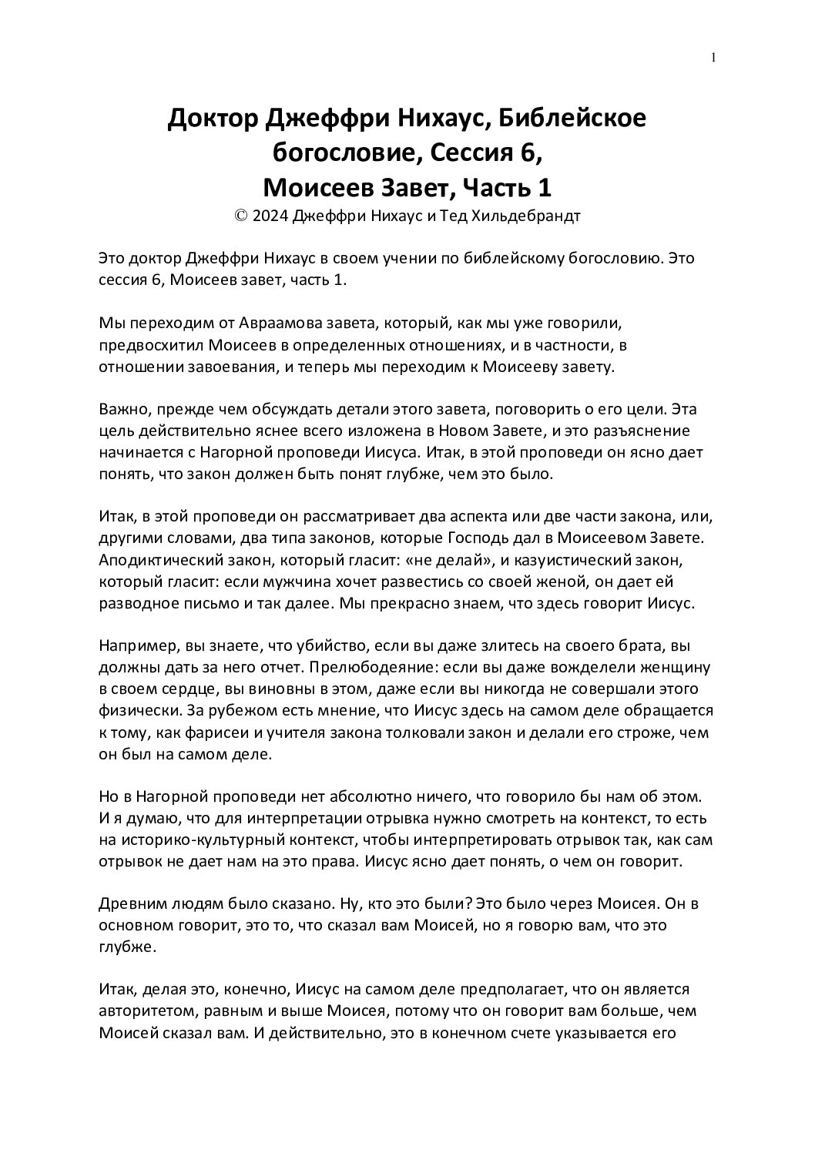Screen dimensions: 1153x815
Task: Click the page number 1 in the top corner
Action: [713, 58]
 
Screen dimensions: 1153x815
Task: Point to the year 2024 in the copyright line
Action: [270, 216]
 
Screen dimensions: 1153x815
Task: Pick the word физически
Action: [133, 710]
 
